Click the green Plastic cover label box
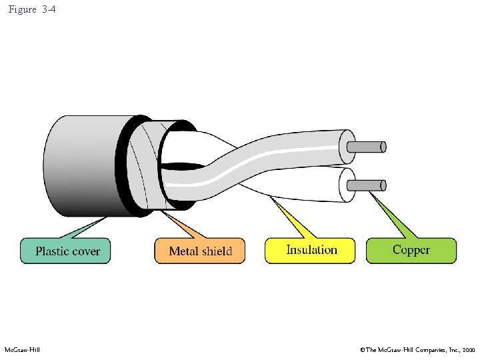point(65,251)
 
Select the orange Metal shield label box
point(200,251)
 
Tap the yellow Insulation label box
point(311,250)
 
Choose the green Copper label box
point(411,250)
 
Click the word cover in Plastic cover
point(85,251)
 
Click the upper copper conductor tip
point(371,147)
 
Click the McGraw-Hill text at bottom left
point(23,349)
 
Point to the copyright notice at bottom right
point(417,349)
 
